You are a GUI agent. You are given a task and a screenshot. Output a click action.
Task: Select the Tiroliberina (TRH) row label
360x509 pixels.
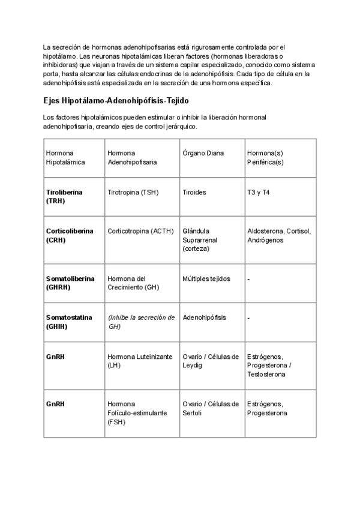pyautogui.click(x=64, y=196)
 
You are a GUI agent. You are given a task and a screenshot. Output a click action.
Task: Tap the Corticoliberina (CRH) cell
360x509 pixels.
pyautogui.click(x=70, y=235)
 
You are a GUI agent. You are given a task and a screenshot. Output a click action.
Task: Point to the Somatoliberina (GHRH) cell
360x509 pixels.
pyautogui.click(x=69, y=283)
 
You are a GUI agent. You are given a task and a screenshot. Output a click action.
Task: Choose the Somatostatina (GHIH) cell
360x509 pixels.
pyautogui.click(x=69, y=322)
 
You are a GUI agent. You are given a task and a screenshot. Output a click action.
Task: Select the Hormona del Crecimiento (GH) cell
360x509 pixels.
pyautogui.click(x=133, y=283)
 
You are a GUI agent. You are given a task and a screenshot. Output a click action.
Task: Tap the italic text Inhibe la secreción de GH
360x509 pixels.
pyautogui.click(x=141, y=322)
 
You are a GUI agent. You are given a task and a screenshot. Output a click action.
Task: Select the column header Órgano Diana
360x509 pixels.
pyautogui.click(x=203, y=153)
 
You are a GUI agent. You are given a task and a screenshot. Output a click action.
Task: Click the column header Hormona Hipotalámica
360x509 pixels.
pyautogui.click(x=65, y=157)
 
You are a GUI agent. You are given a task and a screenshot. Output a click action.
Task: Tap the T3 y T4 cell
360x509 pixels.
pyautogui.click(x=259, y=192)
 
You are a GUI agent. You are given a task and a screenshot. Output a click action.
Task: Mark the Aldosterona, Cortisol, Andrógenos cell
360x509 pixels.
pyautogui.click(x=279, y=235)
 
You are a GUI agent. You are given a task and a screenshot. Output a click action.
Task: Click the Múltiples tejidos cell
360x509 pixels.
pyautogui.click(x=206, y=279)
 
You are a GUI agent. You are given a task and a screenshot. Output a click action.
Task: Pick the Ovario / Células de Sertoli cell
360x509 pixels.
pyautogui.click(x=211, y=408)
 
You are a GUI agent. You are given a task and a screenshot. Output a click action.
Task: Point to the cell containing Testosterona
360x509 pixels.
pyautogui.click(x=269, y=366)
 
